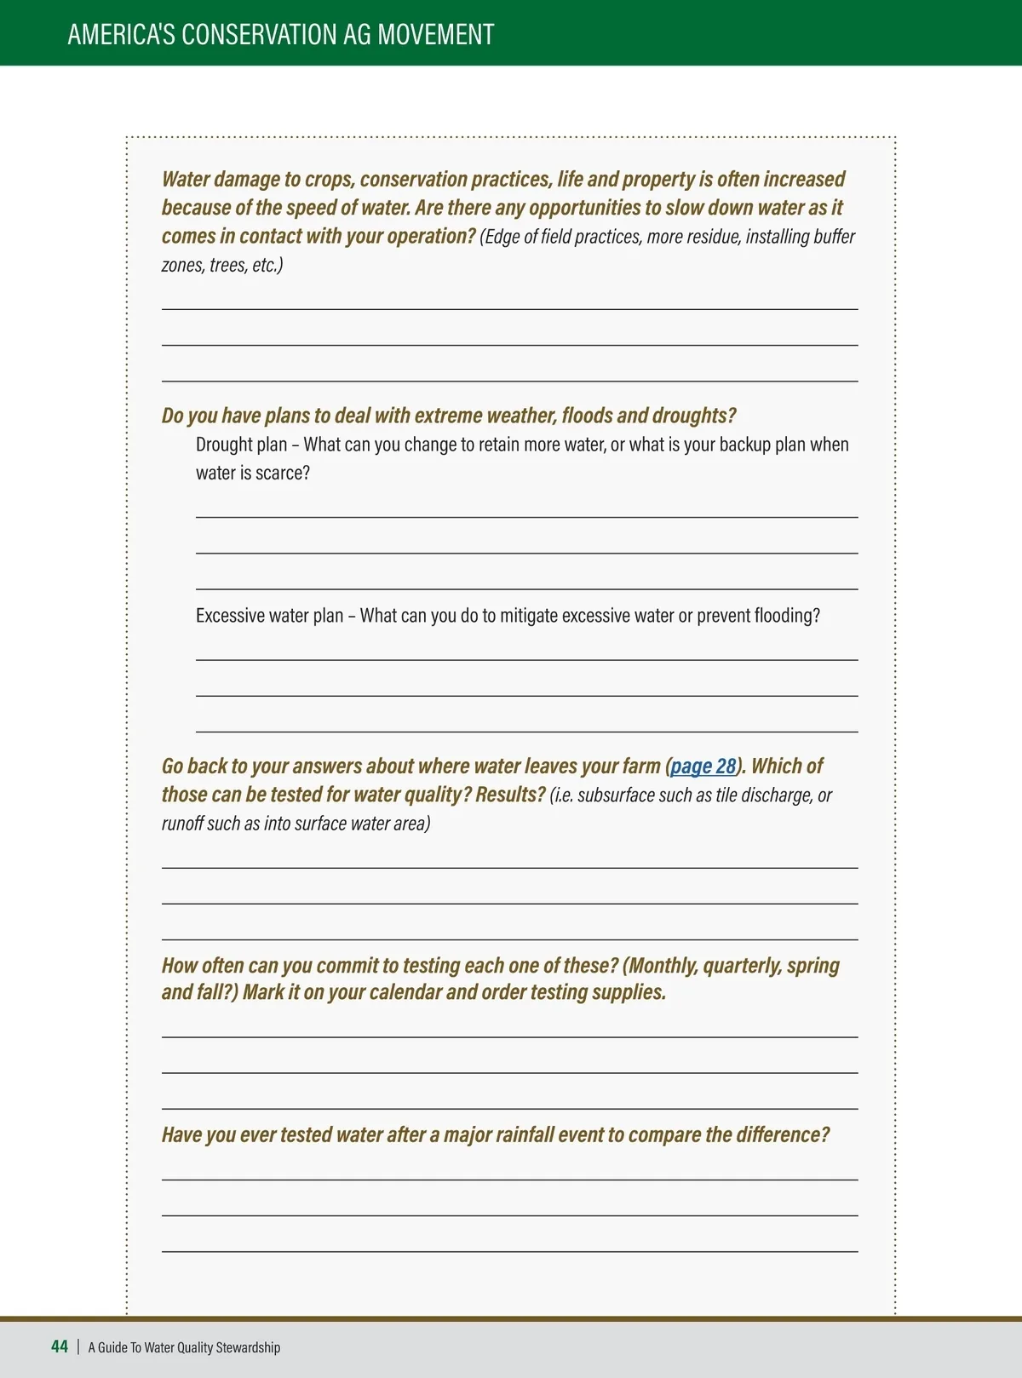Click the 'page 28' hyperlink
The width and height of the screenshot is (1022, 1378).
click(703, 767)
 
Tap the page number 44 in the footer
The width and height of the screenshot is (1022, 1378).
click(60, 1346)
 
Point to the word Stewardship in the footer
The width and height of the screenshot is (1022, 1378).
click(248, 1347)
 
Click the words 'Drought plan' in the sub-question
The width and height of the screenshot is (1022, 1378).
click(241, 445)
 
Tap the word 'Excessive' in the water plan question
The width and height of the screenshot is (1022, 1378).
click(227, 616)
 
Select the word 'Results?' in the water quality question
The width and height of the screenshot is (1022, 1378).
click(510, 795)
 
